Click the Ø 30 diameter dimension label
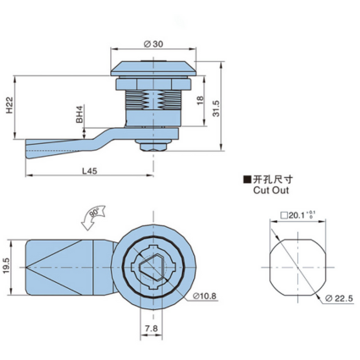[x=153, y=44]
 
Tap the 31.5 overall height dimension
[x=216, y=108]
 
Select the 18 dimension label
[x=200, y=100]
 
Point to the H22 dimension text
[x=9, y=105]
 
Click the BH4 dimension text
[x=80, y=114]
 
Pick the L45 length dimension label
[x=90, y=171]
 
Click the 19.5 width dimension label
[x=7, y=267]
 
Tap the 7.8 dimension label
[x=151, y=329]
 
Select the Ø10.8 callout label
[x=205, y=296]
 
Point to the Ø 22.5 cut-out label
[x=339, y=298]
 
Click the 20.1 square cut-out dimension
[x=298, y=215]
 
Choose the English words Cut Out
[x=271, y=190]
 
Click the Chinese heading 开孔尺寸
[x=273, y=180]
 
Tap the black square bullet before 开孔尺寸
[x=247, y=180]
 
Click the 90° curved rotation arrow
[x=93, y=217]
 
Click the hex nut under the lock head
[x=153, y=85]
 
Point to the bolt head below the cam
[x=153, y=147]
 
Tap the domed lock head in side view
[x=153, y=68]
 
